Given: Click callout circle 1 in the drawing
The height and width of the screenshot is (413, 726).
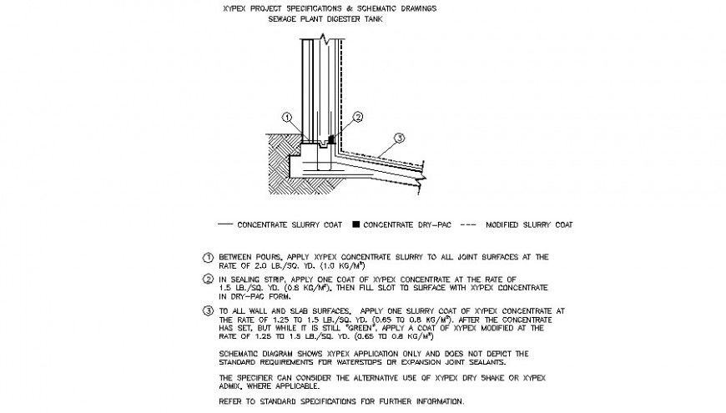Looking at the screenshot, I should tap(287, 118).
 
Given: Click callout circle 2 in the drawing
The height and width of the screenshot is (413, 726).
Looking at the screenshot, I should tap(357, 118).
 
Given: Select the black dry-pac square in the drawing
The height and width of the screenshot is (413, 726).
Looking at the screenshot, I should tap(331, 137).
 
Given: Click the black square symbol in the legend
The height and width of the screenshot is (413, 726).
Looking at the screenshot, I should tap(355, 224).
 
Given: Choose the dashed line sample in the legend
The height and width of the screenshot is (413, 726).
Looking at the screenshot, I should tap(469, 224).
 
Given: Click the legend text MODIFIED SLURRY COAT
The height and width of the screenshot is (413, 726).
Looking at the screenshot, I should tap(529, 224).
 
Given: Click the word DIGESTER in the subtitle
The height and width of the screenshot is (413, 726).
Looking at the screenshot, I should tap(336, 18).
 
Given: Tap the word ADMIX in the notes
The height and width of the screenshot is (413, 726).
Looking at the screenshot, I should tap(234, 386).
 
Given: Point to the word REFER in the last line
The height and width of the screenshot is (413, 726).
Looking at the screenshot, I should tap(230, 401).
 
